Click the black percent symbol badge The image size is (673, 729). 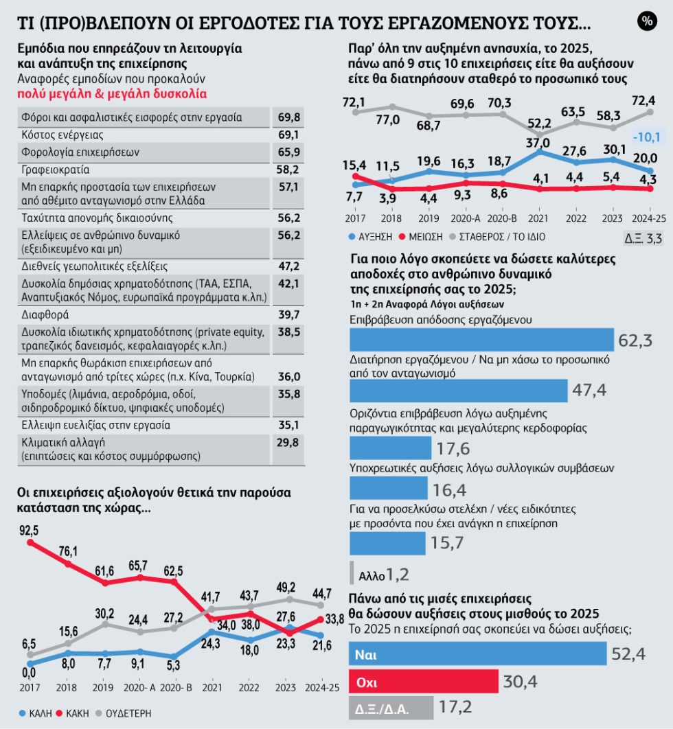coord(647,21)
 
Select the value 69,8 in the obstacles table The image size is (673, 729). coord(289,117)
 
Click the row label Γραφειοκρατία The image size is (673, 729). coord(56,170)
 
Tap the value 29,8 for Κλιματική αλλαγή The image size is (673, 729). coord(288,442)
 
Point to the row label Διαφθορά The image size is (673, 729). coord(45,315)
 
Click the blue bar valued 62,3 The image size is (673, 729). coord(481,339)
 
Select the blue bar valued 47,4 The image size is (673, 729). coord(458,391)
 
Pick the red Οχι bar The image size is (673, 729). coord(423,682)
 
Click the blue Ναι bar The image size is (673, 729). coord(478,654)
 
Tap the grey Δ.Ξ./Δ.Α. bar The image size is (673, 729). coord(391,708)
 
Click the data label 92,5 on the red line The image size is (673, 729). coord(29,531)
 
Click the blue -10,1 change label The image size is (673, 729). coord(646,137)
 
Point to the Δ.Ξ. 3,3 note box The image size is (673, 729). coord(643,238)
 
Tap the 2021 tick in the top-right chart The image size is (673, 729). coord(538,218)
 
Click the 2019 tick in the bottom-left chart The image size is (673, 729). coord(103,688)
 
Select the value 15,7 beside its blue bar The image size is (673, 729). coord(447,543)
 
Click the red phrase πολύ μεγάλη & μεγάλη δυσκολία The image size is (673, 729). coord(112,94)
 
